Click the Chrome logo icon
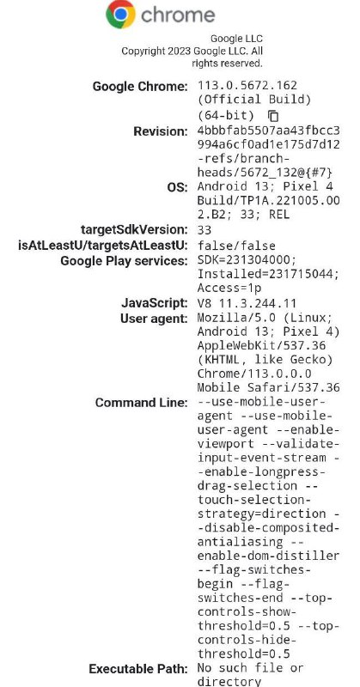120,15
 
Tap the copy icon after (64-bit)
273,116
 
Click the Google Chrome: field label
140,87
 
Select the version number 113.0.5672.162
247,85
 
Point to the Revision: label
161,131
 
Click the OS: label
177,187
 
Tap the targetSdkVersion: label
134,229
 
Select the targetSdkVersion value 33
204,230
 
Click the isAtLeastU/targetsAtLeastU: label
103,246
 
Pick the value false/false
237,246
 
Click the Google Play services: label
124,261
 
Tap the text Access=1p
229,289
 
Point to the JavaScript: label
155,303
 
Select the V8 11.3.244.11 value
247,303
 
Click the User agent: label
154,319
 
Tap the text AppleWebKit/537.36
262,346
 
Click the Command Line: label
142,403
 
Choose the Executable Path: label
138,669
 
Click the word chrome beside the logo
178,15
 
